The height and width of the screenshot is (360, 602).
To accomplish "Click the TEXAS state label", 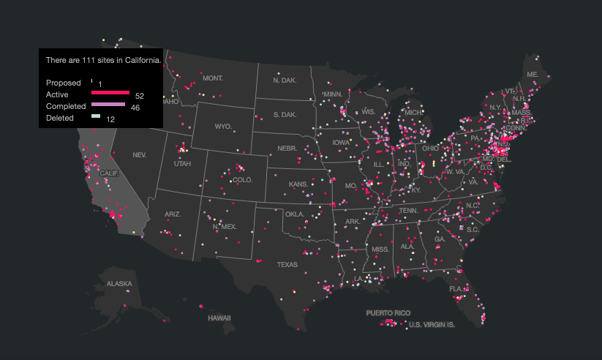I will (287, 264).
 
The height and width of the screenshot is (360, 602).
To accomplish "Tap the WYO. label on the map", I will (223, 127).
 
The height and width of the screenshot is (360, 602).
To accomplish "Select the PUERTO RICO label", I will (388, 312).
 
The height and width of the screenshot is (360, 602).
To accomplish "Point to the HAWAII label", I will (219, 318).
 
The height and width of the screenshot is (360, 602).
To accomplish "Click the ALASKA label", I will (119, 283).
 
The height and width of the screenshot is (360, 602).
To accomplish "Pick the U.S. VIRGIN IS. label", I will (432, 324).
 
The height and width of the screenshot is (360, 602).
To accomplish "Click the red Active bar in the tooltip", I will (110, 93).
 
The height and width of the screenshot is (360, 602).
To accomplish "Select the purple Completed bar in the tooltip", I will (108, 105).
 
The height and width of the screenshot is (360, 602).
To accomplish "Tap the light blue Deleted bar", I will (96, 116).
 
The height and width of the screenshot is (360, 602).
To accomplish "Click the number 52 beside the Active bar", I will (140, 96).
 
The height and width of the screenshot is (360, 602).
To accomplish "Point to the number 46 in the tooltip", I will (135, 108).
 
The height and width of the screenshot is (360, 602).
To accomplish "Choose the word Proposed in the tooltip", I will (63, 83).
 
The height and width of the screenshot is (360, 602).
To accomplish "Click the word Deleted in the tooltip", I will (60, 118).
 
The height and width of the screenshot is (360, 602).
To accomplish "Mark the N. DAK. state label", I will (285, 80).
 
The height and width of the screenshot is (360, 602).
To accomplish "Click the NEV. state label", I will (139, 155).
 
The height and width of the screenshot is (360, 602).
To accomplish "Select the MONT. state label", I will (213, 78).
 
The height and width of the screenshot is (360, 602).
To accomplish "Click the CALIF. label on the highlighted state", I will (108, 173).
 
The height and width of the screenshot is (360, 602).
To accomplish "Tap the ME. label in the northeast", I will (533, 75).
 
